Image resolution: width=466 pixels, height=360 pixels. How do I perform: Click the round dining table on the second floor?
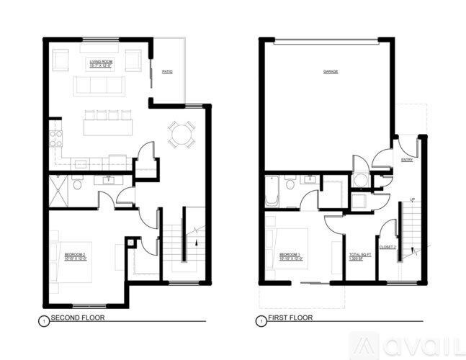[x=182, y=132]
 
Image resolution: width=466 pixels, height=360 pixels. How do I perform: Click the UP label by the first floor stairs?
[x=411, y=199]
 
